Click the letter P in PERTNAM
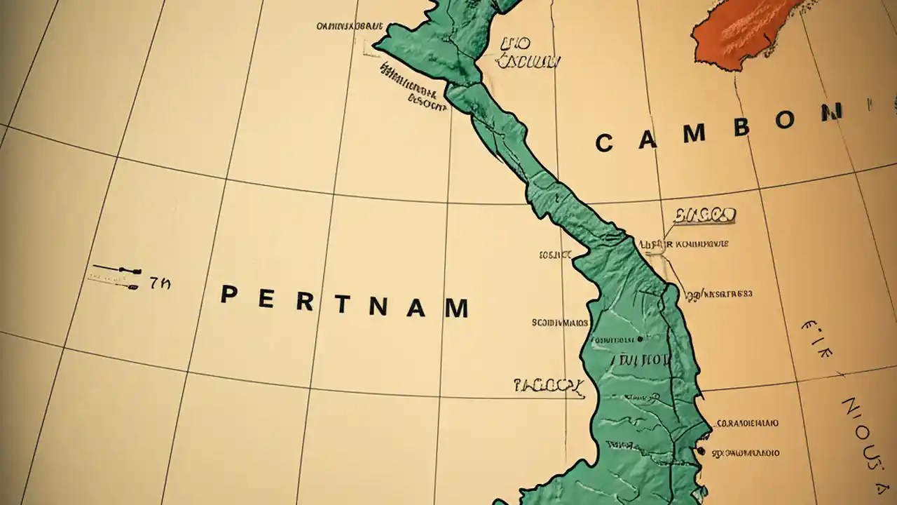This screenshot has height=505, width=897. coord(228,295)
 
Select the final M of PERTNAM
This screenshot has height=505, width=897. coord(456,308)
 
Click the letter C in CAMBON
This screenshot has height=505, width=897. coord(604,144)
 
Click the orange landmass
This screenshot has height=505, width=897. coord(743,32)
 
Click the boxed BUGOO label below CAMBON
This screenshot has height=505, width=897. coord(704,215)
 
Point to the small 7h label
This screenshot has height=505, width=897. coord(159,283)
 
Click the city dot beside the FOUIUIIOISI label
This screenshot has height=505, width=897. coord(640,339)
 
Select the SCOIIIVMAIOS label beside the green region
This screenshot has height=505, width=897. coord(559,323)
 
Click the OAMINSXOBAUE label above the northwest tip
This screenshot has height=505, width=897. coord(350,27)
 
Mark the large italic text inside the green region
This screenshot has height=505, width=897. coord(641,361)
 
